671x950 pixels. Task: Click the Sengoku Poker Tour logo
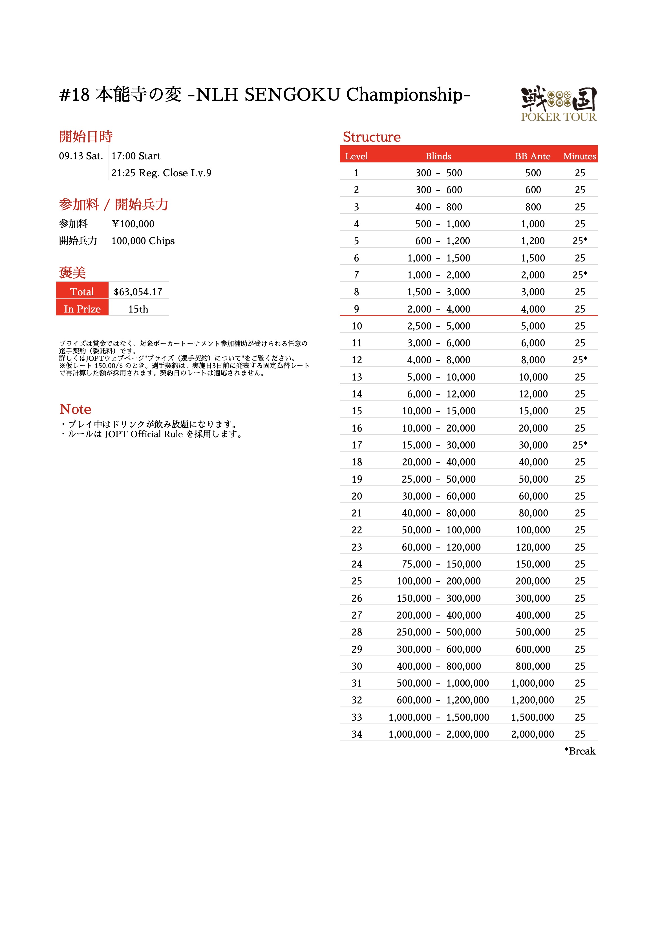click(x=559, y=104)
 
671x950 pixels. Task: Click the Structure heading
click(x=372, y=137)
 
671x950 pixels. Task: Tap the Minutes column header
click(x=580, y=156)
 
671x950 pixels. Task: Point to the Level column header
click(x=356, y=156)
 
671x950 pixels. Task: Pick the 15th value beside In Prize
click(x=138, y=309)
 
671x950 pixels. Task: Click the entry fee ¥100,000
click(x=133, y=224)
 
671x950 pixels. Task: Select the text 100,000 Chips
click(x=143, y=241)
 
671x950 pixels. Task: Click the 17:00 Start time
click(x=136, y=156)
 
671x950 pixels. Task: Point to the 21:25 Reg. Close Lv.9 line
click(x=161, y=173)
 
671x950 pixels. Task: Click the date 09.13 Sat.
click(x=81, y=156)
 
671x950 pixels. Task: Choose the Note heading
click(x=75, y=409)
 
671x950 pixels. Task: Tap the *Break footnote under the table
click(x=580, y=751)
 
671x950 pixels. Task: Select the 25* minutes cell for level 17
click(x=580, y=445)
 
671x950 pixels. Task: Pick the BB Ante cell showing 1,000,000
click(x=532, y=683)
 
